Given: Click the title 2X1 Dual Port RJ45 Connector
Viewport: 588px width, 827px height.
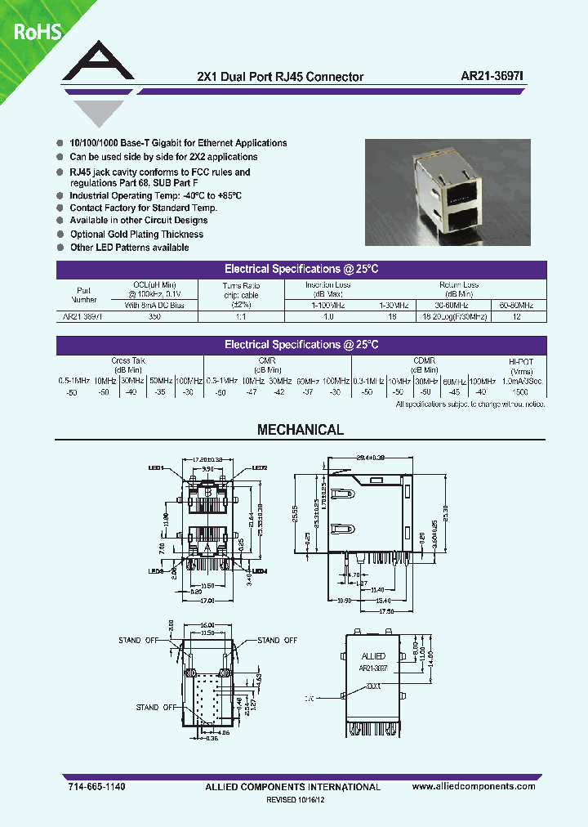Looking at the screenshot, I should point(281,77).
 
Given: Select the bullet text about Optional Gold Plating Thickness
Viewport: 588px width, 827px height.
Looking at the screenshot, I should point(136,235).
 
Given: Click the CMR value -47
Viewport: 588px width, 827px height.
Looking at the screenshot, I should point(252,391).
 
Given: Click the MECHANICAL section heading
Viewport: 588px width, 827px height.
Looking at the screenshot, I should point(301,430).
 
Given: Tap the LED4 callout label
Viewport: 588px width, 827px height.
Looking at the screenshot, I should point(260,571).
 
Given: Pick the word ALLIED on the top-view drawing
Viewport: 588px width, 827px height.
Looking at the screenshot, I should point(373,656).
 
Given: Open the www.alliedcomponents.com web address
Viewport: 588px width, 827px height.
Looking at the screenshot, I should point(474,786).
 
